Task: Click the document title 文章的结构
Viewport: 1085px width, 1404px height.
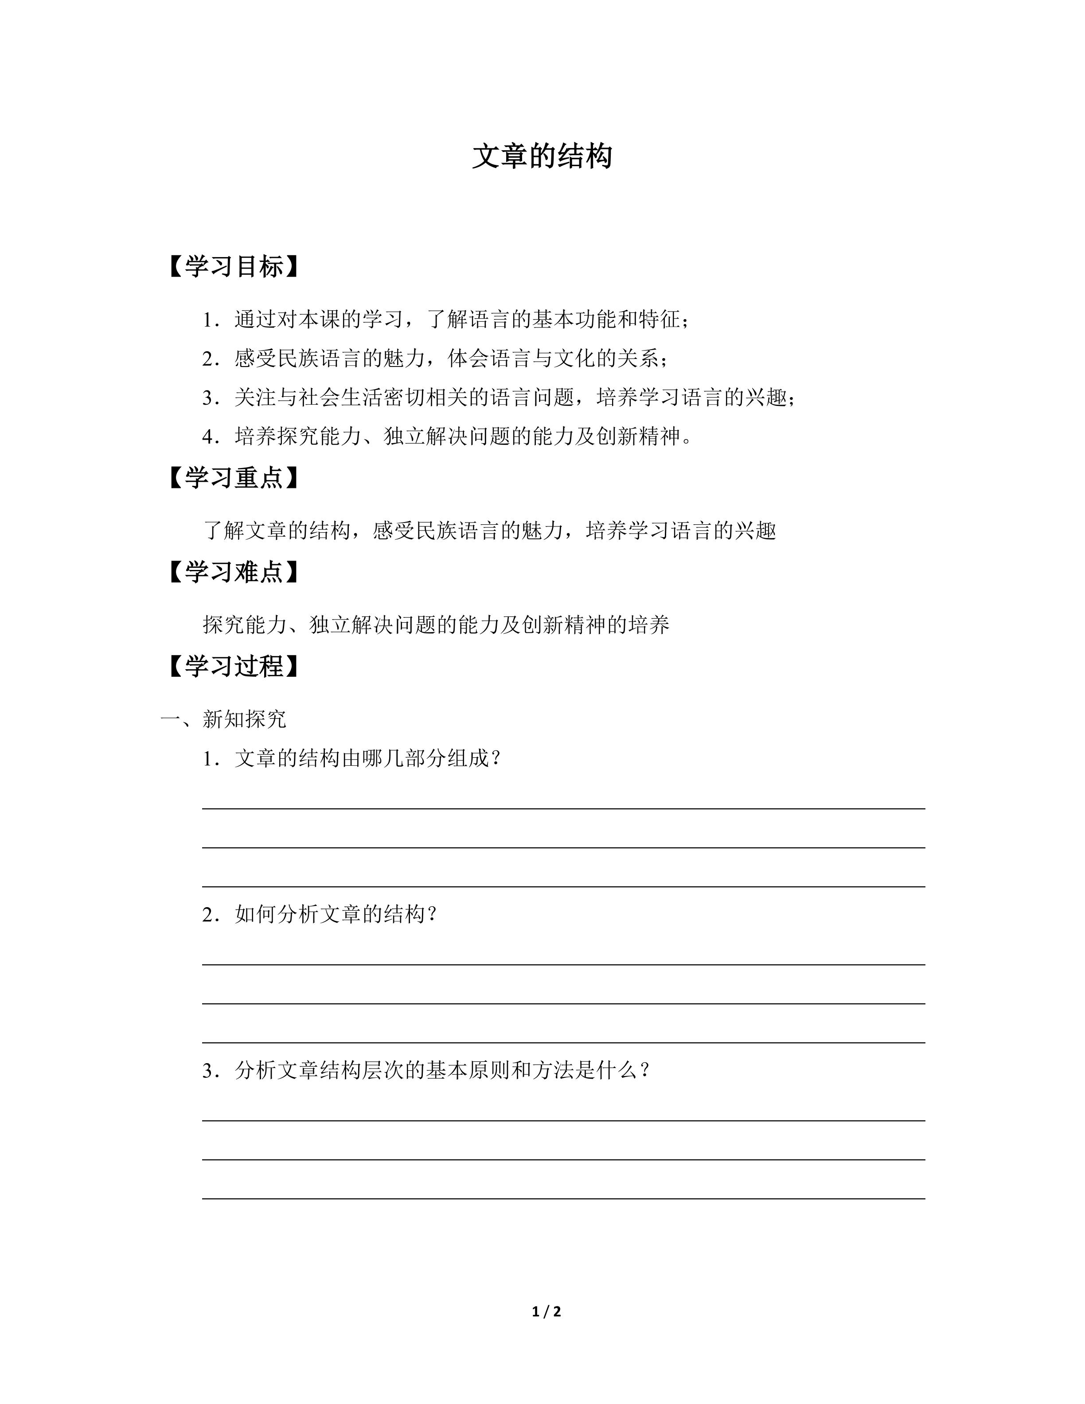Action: point(542,156)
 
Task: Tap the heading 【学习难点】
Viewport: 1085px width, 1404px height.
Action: point(234,572)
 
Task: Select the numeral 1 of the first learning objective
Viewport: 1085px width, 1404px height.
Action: point(207,320)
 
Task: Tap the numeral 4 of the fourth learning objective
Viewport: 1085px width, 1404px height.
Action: point(207,437)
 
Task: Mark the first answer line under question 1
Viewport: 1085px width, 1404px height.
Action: point(563,808)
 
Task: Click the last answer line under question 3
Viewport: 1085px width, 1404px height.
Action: point(563,1198)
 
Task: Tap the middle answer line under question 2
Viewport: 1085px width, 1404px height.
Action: point(563,1003)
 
